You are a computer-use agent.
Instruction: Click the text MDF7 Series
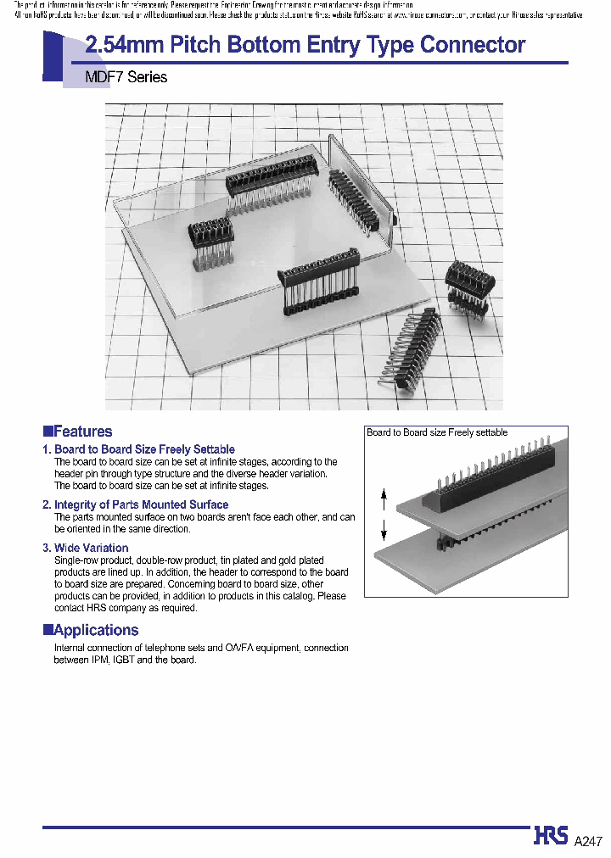[x=126, y=77]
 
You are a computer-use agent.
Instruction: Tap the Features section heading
[x=82, y=432]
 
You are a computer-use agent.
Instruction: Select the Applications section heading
[x=95, y=630]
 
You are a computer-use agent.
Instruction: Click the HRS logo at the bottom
[x=551, y=836]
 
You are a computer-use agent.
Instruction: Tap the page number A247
[x=588, y=841]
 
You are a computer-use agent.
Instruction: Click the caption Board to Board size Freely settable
[x=437, y=432]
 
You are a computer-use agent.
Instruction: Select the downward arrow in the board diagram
[x=384, y=531]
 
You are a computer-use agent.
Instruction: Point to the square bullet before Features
[x=48, y=431]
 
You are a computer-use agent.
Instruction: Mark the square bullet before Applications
[x=48, y=629]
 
